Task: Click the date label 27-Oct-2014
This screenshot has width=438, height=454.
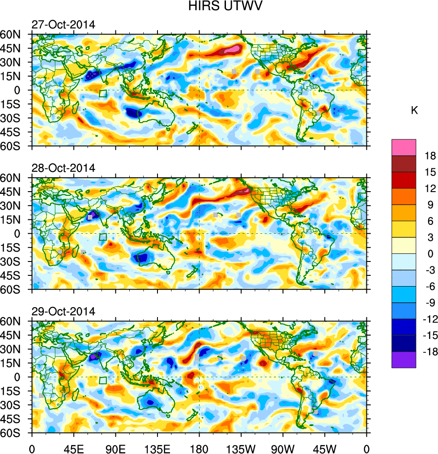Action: [63, 25]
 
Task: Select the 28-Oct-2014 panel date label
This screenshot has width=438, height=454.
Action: [63, 168]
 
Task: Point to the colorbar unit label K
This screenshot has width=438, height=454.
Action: [414, 111]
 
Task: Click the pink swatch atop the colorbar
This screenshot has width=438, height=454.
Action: [404, 147]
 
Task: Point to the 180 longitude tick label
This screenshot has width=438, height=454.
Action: [199, 448]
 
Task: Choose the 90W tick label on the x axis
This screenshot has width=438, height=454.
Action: [282, 448]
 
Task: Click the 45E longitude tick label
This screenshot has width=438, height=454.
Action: [74, 448]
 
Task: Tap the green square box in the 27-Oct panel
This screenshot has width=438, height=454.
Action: [103, 94]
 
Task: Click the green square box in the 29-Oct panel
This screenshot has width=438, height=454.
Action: [103, 381]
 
